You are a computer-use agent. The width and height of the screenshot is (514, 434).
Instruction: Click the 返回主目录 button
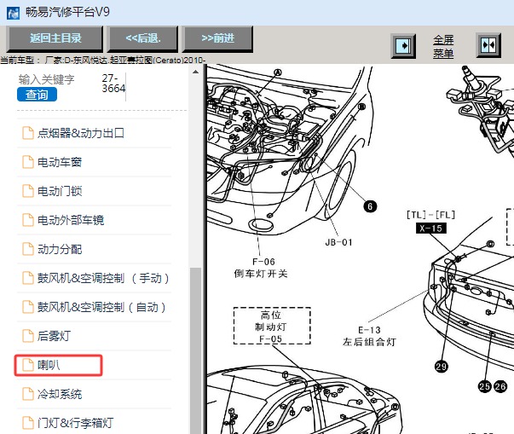55,38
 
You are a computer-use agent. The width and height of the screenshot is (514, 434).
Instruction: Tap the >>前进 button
217,38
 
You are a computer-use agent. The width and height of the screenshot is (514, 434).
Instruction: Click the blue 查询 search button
37,95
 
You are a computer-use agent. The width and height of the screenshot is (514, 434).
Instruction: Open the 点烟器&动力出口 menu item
81,133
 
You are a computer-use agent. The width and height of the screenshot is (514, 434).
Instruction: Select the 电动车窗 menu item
60,162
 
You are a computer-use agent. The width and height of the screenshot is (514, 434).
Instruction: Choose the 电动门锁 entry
60,191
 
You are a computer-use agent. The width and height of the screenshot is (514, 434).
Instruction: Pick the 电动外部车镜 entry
70,220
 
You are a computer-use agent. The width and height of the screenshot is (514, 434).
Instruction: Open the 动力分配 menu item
60,249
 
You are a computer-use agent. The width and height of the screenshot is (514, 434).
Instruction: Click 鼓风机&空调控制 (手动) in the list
104,278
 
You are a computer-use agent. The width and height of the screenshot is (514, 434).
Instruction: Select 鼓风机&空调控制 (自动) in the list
104,307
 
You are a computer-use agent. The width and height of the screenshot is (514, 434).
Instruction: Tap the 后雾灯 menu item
55,336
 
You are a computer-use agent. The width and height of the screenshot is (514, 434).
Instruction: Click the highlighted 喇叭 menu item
49,365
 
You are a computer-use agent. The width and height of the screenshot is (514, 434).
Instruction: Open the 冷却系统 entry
60,394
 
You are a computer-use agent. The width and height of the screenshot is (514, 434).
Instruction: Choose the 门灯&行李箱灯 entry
76,423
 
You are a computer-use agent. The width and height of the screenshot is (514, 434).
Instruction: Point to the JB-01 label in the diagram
339,241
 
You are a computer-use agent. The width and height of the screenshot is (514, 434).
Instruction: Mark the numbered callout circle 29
441,367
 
